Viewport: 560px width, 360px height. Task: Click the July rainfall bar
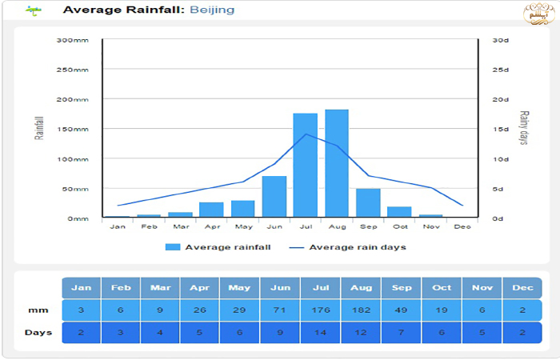[x=305, y=166]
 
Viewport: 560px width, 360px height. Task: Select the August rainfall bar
[x=337, y=163]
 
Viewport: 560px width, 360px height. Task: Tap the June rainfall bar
[x=274, y=197]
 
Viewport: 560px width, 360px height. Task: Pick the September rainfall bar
[x=368, y=203]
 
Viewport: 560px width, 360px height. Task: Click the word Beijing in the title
[x=212, y=10]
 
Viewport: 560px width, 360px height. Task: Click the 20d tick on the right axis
[x=501, y=99]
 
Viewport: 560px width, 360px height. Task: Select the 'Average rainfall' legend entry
[x=218, y=247]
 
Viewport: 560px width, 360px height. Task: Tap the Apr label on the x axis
[x=211, y=227]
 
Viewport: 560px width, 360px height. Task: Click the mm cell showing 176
[x=321, y=310]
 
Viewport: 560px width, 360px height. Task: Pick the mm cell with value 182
[x=361, y=310]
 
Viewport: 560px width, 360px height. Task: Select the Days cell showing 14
[x=321, y=333]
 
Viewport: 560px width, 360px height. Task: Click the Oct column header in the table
[x=441, y=288]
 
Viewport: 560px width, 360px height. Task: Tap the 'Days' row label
[x=38, y=333]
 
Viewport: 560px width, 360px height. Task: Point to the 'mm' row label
[x=38, y=310]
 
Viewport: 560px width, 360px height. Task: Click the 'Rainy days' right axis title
[x=524, y=128]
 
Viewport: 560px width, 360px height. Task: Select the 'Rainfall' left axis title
[x=38, y=128]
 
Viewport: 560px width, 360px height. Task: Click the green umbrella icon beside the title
[x=33, y=10]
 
